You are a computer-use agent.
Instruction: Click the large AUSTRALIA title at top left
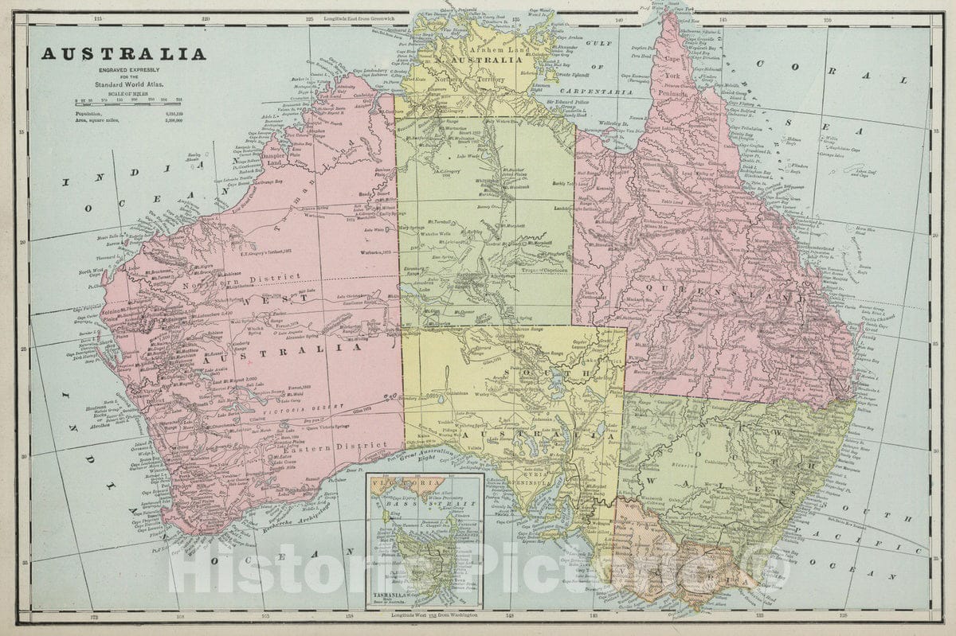coord(123,54)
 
